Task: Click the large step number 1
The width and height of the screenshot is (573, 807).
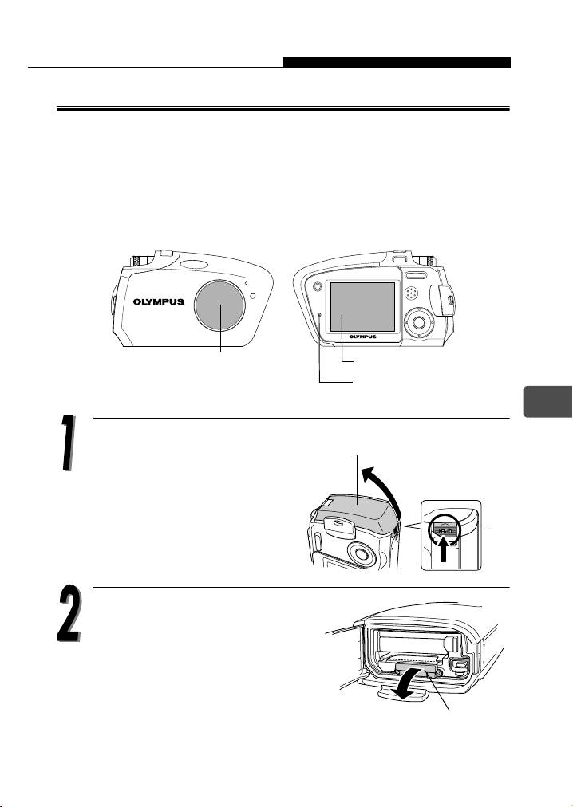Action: [x=66, y=442]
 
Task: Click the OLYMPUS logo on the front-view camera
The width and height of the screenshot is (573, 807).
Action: [x=159, y=301]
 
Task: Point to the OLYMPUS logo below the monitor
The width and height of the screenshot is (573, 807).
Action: [x=363, y=337]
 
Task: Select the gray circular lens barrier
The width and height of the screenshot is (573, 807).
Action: [x=220, y=306]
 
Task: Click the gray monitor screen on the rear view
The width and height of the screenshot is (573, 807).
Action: [x=363, y=307]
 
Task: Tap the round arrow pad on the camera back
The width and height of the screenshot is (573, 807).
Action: [x=420, y=322]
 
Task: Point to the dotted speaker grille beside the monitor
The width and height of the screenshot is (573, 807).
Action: [x=412, y=293]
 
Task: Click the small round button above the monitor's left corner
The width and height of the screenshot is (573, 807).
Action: [x=317, y=286]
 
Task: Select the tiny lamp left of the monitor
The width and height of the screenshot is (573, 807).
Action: [x=320, y=315]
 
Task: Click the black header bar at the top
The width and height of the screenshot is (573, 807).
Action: [x=397, y=62]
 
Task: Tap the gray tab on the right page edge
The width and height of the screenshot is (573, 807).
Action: [x=547, y=401]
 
